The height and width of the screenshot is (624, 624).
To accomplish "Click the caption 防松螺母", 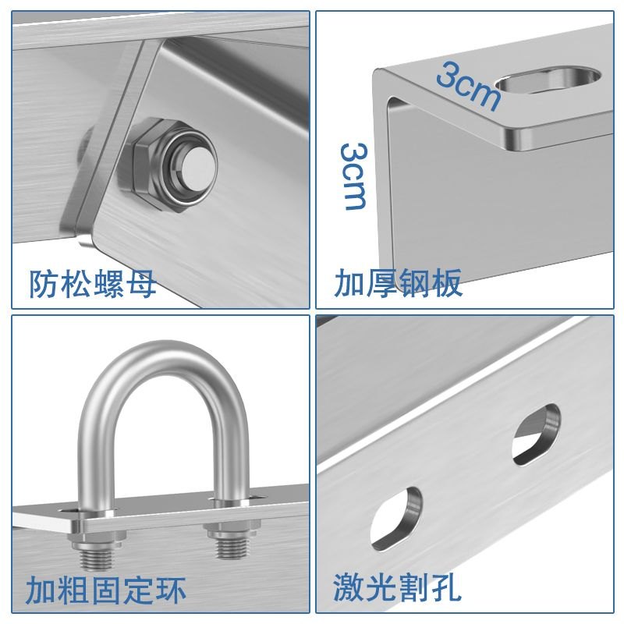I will tap(93, 284).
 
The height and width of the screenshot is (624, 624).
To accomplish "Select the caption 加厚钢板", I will tap(399, 283).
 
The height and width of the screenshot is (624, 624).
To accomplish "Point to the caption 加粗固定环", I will tap(106, 590).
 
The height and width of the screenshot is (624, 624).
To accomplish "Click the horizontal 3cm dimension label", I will tap(467, 85).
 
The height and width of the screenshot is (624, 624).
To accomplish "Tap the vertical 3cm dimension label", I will tap(355, 175).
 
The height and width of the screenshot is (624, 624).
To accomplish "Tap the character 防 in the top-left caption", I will tap(44, 284).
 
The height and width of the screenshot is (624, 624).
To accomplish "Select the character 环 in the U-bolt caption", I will tap(170, 590).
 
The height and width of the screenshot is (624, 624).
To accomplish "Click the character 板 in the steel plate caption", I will tap(447, 283).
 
